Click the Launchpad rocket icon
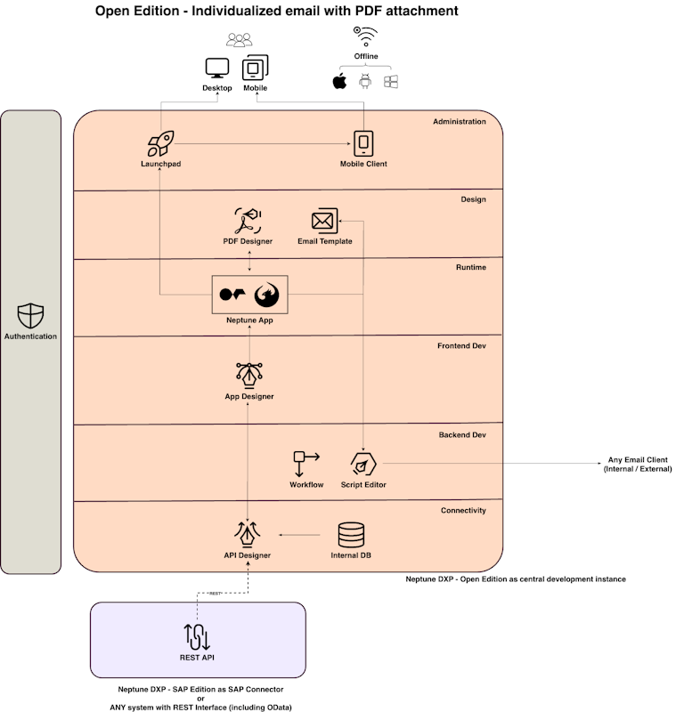[160, 144]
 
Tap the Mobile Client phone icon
[363, 143]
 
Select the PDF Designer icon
[248, 220]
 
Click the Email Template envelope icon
[323, 221]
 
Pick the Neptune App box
[249, 295]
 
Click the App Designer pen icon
[248, 375]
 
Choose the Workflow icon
[305, 464]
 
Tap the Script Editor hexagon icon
[363, 464]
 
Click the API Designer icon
[248, 534]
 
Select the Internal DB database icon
[351, 535]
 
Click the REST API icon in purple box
[197, 636]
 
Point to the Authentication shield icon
[30, 315]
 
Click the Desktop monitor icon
[216, 69]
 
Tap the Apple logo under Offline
[339, 82]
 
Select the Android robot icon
[364, 82]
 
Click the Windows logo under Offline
[390, 82]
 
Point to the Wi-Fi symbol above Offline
[365, 36]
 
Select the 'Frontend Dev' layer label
[461, 345]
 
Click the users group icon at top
[240, 40]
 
